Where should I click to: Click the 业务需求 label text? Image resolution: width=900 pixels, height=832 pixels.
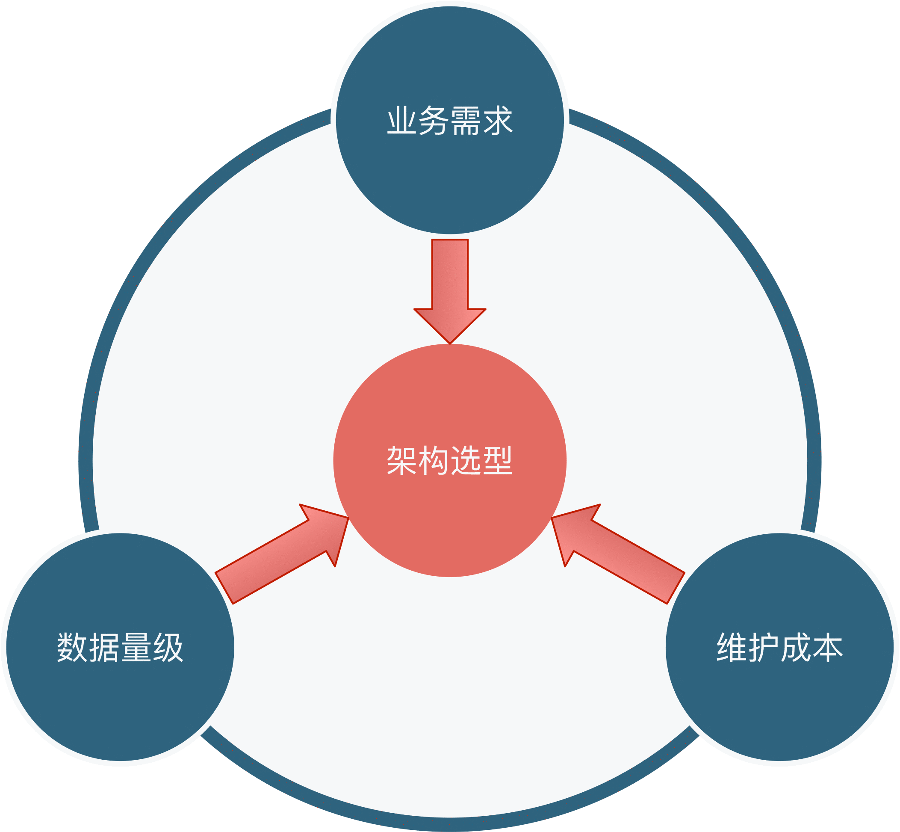click(x=450, y=121)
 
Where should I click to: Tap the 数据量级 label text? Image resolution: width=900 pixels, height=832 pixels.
click(x=120, y=647)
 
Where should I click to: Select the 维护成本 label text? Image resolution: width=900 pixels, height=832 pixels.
click(x=779, y=647)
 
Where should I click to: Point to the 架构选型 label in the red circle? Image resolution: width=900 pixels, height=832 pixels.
click(x=450, y=461)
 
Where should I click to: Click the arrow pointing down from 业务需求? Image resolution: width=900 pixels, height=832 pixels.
click(x=450, y=288)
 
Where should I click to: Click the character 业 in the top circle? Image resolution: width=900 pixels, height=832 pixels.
click(x=402, y=121)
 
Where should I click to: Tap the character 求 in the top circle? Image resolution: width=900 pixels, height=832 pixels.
click(x=498, y=121)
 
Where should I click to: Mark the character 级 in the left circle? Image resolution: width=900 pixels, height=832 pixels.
click(x=168, y=647)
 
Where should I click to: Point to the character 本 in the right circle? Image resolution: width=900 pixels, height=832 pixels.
click(x=827, y=647)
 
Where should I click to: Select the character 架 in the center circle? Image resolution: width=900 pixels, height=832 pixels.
click(x=402, y=461)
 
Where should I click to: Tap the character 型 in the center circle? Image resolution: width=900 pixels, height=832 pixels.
click(x=498, y=461)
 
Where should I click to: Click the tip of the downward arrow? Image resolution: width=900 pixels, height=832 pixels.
click(x=450, y=342)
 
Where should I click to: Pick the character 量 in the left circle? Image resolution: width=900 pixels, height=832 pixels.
click(x=136, y=647)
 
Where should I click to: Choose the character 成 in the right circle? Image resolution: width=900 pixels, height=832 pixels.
click(x=795, y=647)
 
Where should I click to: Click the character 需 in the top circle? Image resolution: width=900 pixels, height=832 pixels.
click(x=466, y=121)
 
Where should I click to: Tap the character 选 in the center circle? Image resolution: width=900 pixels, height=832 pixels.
click(x=466, y=461)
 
